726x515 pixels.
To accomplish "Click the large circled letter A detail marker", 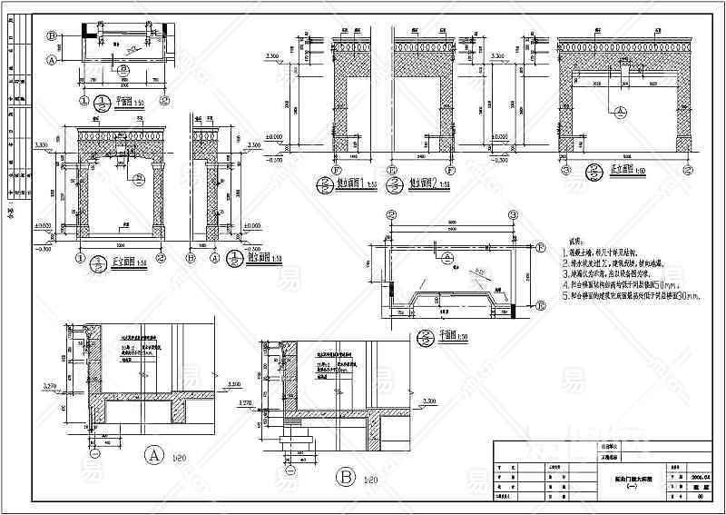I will tap(153, 454).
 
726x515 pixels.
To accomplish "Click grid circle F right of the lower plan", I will tap(540, 247).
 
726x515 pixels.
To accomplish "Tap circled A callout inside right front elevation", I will tap(621, 113).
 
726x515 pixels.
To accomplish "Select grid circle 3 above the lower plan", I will tap(391, 216).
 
